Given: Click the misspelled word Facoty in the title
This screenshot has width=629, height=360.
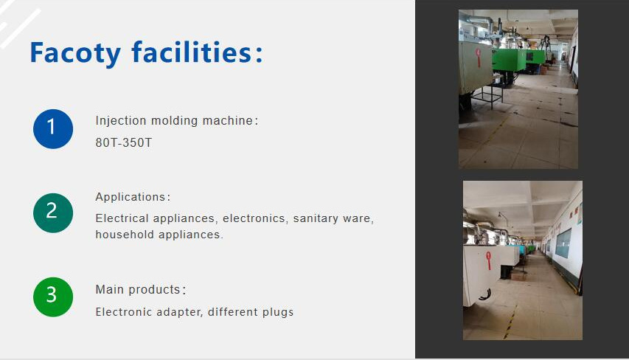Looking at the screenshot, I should coord(74,53).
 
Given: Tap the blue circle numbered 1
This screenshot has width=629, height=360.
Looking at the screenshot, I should coord(53,128).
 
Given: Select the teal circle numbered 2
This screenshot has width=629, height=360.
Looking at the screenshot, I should coord(53,212).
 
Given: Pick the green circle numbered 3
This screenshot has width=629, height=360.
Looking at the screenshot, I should coord(53,297).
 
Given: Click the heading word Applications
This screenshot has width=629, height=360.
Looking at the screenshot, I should coord(130,197).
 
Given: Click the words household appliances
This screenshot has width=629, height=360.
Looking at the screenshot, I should coord(159,235).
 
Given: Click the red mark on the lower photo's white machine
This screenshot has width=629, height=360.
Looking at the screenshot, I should coord(487,257).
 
